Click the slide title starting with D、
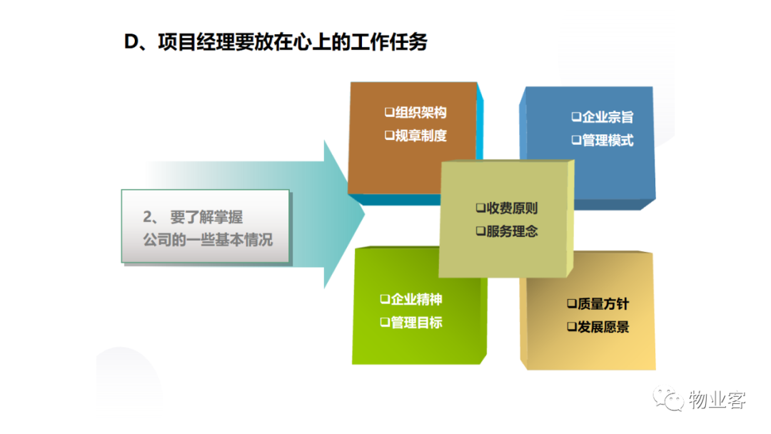tap(276, 42)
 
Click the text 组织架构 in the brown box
tap(421, 113)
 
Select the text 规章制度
tap(421, 136)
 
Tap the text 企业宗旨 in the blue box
tap(608, 117)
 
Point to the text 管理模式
tap(608, 141)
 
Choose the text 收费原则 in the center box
tap(512, 208)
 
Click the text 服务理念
tap(512, 231)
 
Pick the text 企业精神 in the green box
tap(416, 299)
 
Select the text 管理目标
tap(416, 323)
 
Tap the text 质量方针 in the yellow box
tap(603, 304)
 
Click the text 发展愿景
tap(603, 327)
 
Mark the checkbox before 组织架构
tap(390, 113)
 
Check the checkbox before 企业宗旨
tap(576, 117)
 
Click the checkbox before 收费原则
tap(480, 208)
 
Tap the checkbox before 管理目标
tap(385, 323)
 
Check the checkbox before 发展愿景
tap(572, 327)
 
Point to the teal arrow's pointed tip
tap(364, 214)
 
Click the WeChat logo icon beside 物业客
tap(668, 399)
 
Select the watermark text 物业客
tap(717, 400)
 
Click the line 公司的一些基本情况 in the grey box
tap(208, 240)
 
